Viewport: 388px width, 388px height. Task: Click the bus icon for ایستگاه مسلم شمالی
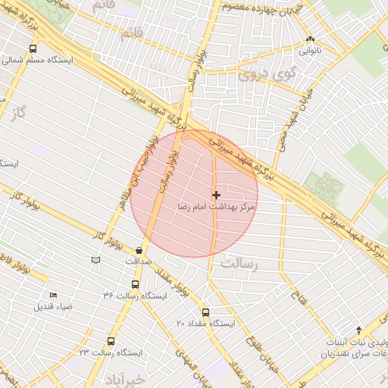point(32,48)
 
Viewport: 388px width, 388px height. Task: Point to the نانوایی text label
point(309,52)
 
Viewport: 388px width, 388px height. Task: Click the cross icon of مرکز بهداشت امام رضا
point(217,195)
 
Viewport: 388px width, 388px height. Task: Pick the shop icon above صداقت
point(139,250)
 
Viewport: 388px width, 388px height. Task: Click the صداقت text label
point(139,261)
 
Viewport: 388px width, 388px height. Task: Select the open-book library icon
point(95,261)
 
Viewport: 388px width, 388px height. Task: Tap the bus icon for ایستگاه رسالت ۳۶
point(135,285)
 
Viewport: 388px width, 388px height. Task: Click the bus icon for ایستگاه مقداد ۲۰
point(205,312)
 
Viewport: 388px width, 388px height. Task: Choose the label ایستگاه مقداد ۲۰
point(207,324)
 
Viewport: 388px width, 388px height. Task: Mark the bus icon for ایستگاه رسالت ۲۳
point(111,342)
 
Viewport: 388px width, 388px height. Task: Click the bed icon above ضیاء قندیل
point(53,295)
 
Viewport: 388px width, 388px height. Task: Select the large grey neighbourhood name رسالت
point(241,264)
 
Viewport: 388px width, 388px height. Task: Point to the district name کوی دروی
point(264,76)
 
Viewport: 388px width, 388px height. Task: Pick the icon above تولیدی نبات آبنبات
point(358,330)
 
